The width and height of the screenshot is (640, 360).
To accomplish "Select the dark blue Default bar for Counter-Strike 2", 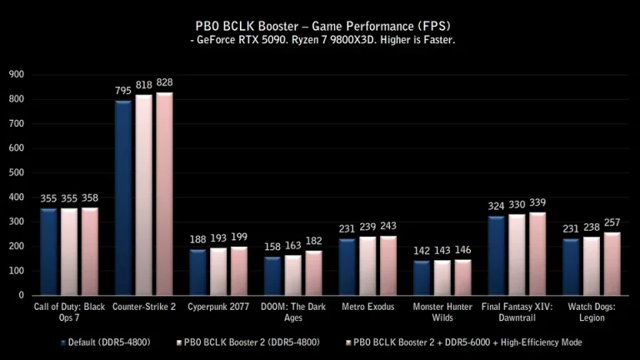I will [x=123, y=197].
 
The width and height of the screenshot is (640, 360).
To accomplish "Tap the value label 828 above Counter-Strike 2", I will [x=164, y=83].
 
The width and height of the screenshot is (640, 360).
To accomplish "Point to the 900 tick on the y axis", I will [x=17, y=75].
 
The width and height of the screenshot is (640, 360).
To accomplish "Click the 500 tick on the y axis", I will [x=17, y=172].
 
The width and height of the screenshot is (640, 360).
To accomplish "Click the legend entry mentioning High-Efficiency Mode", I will [x=467, y=342].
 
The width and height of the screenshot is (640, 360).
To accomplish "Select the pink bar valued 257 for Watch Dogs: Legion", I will [x=612, y=262].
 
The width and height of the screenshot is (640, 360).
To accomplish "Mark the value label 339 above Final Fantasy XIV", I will [x=537, y=202].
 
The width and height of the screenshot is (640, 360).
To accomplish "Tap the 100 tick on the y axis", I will [x=17, y=271].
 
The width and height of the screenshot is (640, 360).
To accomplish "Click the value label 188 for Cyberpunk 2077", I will [x=197, y=240].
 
